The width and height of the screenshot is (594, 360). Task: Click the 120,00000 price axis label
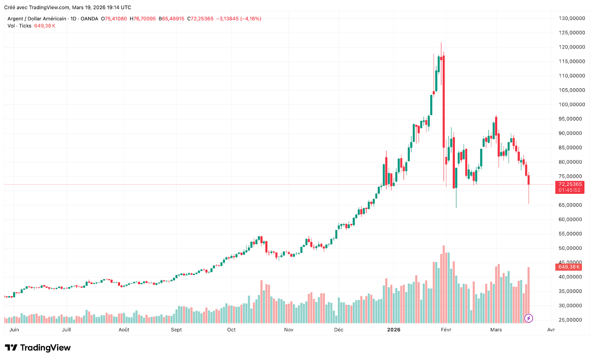[572, 47]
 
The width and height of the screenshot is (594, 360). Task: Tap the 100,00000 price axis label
[572, 105]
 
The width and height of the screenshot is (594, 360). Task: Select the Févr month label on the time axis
[446, 330]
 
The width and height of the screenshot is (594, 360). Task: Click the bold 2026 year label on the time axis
[394, 330]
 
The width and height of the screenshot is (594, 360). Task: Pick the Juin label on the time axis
[14, 330]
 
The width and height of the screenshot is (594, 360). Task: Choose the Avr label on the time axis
[551, 330]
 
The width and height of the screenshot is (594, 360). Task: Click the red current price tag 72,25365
[570, 184]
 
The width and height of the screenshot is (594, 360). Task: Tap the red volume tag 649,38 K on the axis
[569, 267]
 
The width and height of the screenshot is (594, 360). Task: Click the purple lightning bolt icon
[528, 318]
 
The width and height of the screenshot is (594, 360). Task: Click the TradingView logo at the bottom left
[37, 348]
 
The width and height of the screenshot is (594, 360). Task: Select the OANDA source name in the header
[89, 19]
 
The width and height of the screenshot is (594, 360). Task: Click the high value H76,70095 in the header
[143, 19]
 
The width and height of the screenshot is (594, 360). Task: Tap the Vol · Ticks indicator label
[19, 26]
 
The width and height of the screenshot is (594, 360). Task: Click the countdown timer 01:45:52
[569, 190]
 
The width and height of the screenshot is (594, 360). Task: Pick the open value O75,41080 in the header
[114, 19]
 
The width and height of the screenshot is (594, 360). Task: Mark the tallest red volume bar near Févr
[444, 284]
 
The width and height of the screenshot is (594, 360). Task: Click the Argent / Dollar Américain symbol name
[37, 19]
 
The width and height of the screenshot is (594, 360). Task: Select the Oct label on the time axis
[231, 330]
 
